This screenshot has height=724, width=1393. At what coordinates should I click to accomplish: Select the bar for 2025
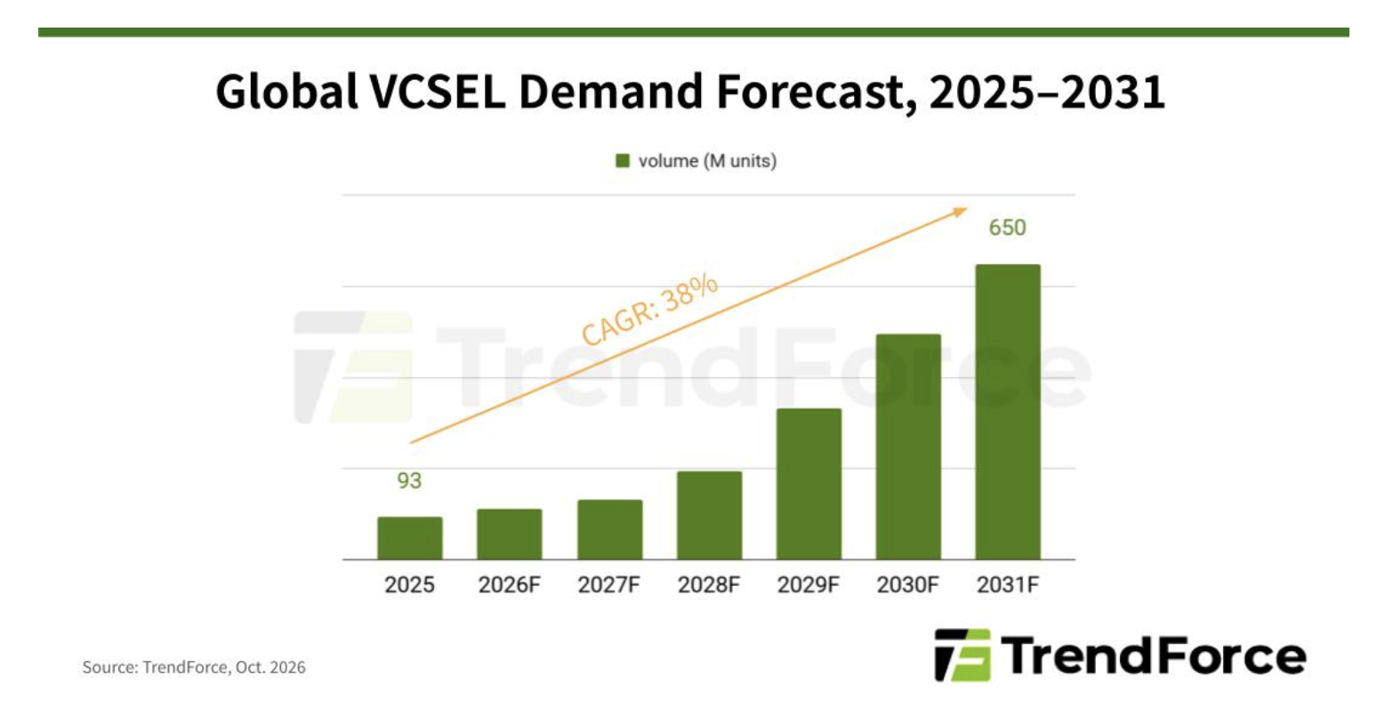pyautogui.click(x=410, y=538)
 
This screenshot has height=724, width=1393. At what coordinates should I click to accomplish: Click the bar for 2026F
pyautogui.click(x=510, y=535)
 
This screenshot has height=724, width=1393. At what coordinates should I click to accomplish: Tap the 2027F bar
pyautogui.click(x=609, y=529)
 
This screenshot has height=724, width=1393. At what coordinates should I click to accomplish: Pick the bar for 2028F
pyautogui.click(x=710, y=516)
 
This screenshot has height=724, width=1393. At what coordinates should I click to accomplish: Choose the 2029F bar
pyautogui.click(x=809, y=484)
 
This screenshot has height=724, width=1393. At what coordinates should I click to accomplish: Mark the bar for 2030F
pyautogui.click(x=908, y=446)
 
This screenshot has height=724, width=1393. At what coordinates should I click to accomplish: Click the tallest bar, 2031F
pyautogui.click(x=1008, y=412)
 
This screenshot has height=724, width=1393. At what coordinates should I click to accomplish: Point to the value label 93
pyautogui.click(x=409, y=480)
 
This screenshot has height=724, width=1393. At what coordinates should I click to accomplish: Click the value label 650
pyautogui.click(x=1008, y=228)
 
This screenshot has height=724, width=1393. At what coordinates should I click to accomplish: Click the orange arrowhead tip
pyautogui.click(x=968, y=208)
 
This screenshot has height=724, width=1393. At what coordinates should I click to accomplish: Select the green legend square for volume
pyautogui.click(x=623, y=161)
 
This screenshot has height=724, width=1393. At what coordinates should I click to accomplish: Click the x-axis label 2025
pyautogui.click(x=409, y=584)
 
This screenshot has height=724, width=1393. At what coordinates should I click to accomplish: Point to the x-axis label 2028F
pyautogui.click(x=709, y=584)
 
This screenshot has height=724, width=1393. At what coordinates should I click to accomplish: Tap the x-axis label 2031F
pyautogui.click(x=1008, y=584)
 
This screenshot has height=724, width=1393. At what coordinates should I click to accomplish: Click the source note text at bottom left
pyautogui.click(x=194, y=667)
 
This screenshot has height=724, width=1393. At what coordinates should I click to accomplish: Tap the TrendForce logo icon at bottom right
pyautogui.click(x=962, y=655)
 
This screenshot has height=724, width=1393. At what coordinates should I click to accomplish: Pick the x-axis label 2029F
pyautogui.click(x=809, y=584)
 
